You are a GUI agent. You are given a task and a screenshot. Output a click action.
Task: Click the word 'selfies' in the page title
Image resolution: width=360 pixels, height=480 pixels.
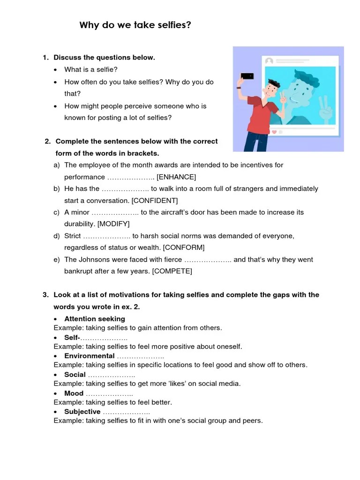[x=175, y=25]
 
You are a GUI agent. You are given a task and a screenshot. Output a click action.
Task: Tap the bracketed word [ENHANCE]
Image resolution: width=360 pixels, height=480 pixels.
[x=176, y=177]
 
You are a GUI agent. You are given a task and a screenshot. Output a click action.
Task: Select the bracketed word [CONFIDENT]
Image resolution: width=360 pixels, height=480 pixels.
[x=155, y=201]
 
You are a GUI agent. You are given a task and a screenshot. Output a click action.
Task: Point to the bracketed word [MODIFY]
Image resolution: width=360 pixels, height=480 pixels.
[x=113, y=224]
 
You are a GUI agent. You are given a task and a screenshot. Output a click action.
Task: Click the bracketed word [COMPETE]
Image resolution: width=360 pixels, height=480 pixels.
[x=172, y=271]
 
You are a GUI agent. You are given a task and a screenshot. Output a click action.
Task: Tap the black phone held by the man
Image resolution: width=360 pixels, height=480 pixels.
[x=247, y=76]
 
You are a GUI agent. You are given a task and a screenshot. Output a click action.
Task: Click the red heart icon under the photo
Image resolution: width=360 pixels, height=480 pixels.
[x=274, y=132]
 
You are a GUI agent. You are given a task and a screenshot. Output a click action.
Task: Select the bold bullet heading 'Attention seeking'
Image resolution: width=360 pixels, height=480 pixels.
[x=95, y=319]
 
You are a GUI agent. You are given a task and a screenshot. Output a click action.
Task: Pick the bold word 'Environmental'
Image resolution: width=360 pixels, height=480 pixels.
[x=90, y=356]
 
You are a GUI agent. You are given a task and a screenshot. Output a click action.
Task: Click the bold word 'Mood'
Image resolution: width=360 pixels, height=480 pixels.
[x=74, y=393]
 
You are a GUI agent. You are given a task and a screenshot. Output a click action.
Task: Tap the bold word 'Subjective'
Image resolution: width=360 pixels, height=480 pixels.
[x=82, y=412]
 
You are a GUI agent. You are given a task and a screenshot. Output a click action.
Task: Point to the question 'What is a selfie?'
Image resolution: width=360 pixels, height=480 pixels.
[x=91, y=69]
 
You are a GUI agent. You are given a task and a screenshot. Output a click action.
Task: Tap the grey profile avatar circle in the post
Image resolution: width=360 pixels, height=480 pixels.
[x=269, y=61]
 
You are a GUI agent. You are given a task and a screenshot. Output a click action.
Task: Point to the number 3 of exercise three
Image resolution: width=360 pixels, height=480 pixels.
[x=45, y=295]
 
